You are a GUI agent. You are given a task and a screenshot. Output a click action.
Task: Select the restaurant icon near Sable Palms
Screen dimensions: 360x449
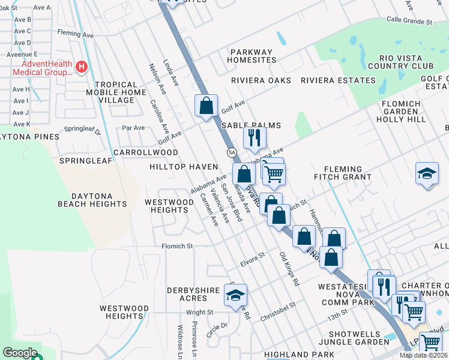click(x=255, y=137)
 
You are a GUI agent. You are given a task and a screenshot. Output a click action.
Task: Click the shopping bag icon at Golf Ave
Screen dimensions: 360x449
click(x=206, y=106)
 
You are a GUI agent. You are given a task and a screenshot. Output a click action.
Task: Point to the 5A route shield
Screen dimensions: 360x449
click(x=231, y=153)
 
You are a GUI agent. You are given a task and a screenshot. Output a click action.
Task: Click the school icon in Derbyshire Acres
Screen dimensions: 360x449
click(x=236, y=295)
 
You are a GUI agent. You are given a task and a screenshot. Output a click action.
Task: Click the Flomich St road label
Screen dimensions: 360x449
click(x=176, y=246)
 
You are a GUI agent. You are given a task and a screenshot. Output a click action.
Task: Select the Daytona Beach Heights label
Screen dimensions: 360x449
click(x=92, y=200)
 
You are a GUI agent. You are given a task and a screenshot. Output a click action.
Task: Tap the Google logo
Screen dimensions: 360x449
click(x=20, y=353)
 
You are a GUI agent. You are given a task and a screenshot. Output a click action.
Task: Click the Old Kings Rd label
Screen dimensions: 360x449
click(x=289, y=268)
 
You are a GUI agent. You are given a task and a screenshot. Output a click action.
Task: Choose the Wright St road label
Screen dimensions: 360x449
click(x=199, y=312)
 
